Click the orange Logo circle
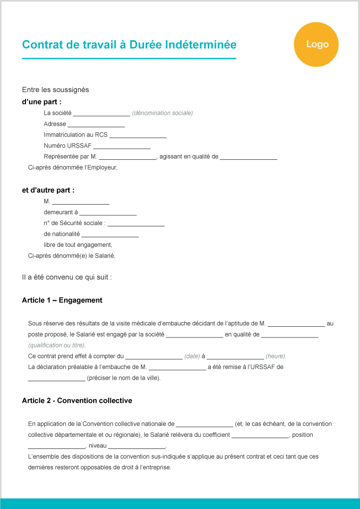point(316,44)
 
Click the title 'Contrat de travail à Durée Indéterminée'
point(129,45)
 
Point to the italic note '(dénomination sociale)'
point(162,113)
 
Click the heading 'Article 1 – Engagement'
point(62,300)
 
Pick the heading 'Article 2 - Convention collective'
point(77,401)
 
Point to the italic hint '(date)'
point(192,356)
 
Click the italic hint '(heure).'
point(276,356)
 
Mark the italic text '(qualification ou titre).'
point(57,345)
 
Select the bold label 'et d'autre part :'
point(48,190)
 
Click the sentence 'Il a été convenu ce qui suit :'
point(67,277)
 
